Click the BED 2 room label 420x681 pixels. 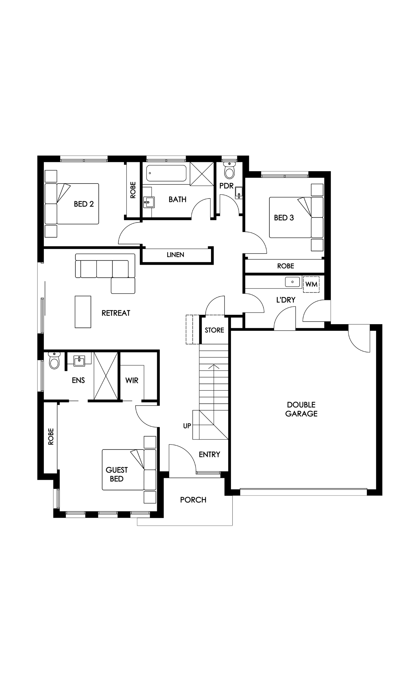(84, 204)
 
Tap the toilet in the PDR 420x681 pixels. (230, 170)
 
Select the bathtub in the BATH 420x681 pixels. (166, 173)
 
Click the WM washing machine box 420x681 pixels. (311, 285)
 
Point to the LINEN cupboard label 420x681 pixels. (175, 255)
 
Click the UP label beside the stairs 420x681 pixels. (187, 426)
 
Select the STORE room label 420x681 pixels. (214, 330)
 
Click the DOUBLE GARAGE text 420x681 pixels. (301, 409)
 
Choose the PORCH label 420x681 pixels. (193, 500)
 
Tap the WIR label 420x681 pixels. (132, 380)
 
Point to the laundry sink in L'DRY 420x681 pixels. (293, 282)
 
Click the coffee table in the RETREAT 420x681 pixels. (83, 312)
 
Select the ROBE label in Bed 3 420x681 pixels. (286, 266)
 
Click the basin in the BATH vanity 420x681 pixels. (149, 202)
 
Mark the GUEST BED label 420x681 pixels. (117, 474)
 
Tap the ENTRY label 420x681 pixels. (210, 455)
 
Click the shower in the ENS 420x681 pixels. (106, 376)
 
